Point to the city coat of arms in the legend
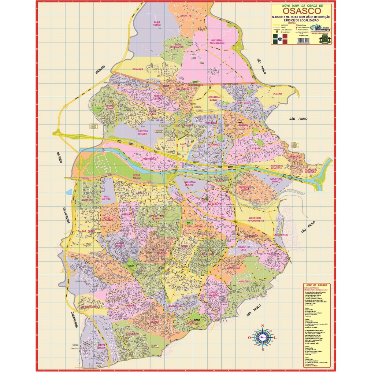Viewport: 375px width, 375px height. pos(324,39)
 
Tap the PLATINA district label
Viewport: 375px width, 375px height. pos(277,94)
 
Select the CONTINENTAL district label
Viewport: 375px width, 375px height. pos(281,235)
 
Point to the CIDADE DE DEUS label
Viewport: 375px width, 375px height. pos(244,248)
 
